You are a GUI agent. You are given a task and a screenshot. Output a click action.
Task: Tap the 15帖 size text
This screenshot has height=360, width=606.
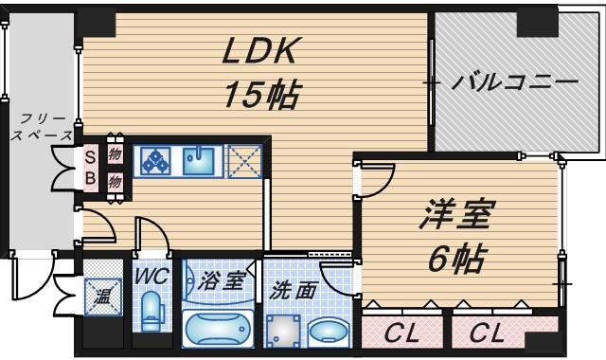click(x=261, y=94)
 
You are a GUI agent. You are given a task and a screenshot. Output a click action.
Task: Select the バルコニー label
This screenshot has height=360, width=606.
click(x=513, y=82)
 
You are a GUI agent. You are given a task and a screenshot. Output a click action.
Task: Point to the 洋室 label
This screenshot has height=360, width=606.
click(x=455, y=216)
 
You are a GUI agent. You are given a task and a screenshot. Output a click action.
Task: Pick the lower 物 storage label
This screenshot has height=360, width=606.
click(x=115, y=180)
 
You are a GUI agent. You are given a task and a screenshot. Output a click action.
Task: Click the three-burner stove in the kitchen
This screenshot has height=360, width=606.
click(x=155, y=161)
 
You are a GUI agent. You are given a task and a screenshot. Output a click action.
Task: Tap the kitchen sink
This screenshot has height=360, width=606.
click(x=200, y=161)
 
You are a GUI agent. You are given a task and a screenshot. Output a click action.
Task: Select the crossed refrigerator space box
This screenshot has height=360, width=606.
click(x=244, y=161)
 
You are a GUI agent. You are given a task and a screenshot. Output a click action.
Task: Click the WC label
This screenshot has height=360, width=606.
click(x=151, y=277)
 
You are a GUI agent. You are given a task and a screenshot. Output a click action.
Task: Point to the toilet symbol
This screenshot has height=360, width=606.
click(x=151, y=311)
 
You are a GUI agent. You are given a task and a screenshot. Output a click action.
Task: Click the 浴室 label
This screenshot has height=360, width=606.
click(x=221, y=281)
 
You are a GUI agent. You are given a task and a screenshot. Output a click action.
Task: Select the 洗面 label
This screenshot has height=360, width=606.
click(x=292, y=290)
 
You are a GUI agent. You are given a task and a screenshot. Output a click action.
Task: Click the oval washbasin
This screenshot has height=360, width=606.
click(x=330, y=333)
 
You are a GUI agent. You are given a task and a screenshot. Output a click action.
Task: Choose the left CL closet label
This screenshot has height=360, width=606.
click(x=401, y=333)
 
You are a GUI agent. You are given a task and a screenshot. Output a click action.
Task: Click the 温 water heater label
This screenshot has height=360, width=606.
click(x=101, y=297)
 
